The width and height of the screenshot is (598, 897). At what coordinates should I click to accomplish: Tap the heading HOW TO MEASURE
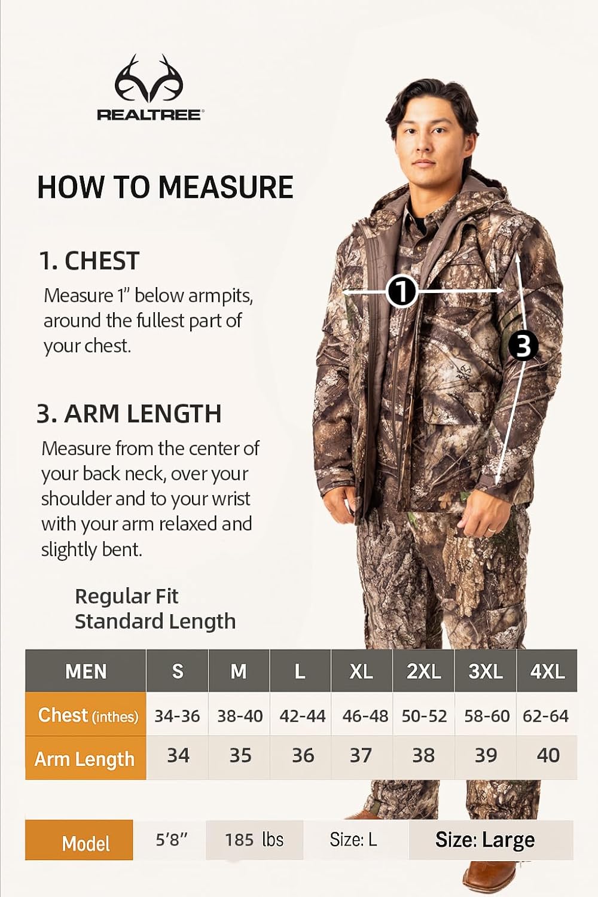165,187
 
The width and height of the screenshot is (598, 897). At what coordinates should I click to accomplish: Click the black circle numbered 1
401,291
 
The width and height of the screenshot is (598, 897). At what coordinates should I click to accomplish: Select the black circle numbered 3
523,345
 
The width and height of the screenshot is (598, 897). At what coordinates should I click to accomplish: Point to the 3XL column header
485,671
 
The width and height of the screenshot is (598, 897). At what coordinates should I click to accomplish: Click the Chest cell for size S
177,715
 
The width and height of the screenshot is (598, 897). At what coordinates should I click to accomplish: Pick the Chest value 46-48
365,715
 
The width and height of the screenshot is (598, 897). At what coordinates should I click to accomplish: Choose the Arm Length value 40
548,755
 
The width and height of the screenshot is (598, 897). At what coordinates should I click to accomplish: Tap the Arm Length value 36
303,755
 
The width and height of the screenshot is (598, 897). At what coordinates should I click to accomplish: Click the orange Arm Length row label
85,758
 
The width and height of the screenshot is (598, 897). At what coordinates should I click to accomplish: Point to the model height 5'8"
172,840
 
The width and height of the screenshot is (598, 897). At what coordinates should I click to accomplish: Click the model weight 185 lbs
254,840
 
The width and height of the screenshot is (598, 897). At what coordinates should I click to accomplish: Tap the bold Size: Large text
485,840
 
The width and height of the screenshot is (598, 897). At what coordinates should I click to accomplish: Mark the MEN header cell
86,671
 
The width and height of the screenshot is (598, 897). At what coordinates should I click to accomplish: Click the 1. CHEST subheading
89,261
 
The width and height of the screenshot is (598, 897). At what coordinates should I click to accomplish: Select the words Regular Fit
127,596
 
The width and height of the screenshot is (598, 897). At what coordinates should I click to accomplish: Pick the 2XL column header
423,671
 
